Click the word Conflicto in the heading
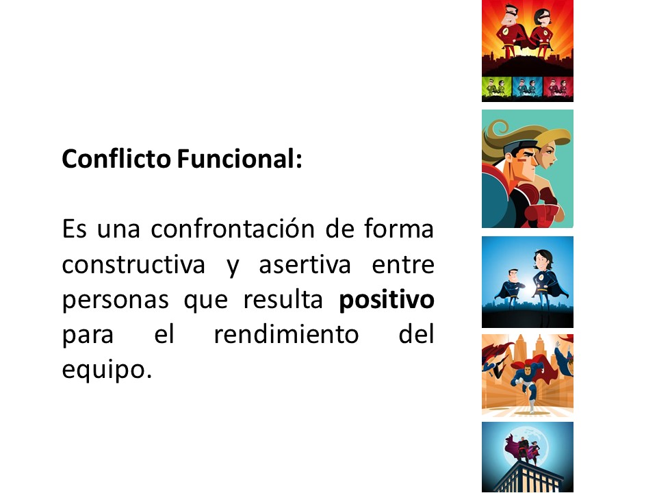[x=116, y=159]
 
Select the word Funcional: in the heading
[x=240, y=159]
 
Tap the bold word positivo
[x=386, y=300]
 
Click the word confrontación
[x=233, y=229]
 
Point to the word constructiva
[x=133, y=265]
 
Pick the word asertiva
[x=305, y=265]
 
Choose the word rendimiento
[x=286, y=335]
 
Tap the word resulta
[x=283, y=299]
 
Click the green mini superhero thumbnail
[x=497, y=88]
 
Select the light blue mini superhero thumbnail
[x=528, y=88]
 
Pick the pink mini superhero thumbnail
[x=558, y=88]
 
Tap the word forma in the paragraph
[x=398, y=229]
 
